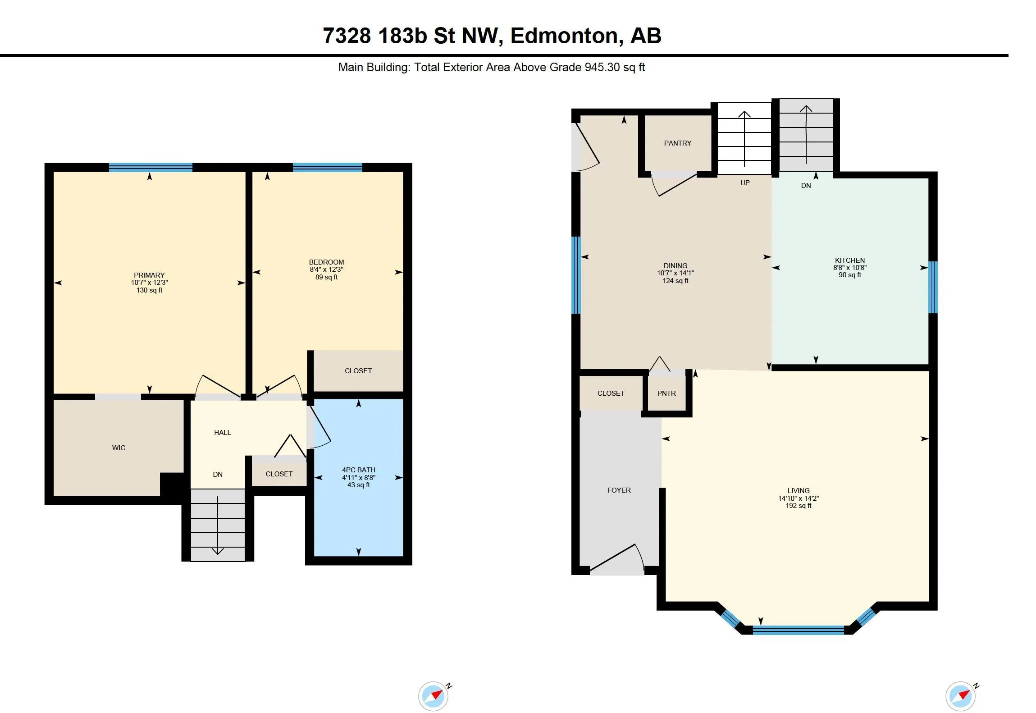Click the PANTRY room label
point(677,143)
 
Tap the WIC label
point(119,448)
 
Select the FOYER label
point(619,490)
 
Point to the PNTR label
point(666,393)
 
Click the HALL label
point(223,433)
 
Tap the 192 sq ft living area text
point(799,506)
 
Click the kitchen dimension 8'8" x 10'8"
point(850,267)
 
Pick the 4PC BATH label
point(359,470)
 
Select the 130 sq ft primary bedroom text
point(150,290)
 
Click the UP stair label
point(745,183)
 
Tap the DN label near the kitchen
point(806,185)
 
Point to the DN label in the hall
point(218,474)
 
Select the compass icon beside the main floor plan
point(962,696)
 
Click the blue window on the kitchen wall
point(933,287)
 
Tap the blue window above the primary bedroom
point(151,167)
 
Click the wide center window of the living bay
point(798,630)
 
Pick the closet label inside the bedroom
point(358,370)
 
